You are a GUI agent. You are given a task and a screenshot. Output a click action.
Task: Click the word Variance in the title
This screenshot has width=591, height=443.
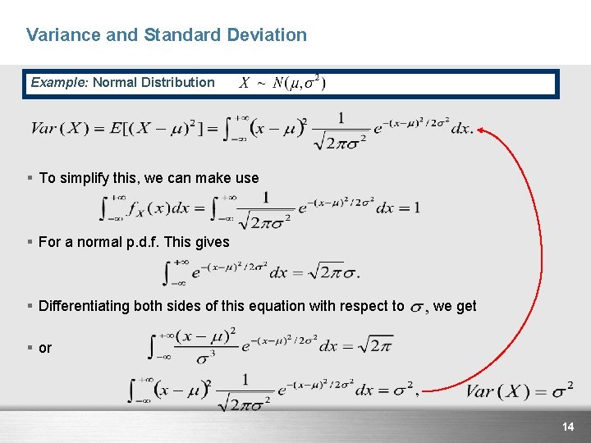[x=57, y=35]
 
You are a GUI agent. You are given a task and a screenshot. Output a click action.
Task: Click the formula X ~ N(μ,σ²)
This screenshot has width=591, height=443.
[x=282, y=83]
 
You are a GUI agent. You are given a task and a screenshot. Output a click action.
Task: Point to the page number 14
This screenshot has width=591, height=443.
[x=567, y=427]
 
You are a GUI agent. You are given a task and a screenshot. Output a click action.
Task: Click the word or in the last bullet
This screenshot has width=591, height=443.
[x=45, y=348]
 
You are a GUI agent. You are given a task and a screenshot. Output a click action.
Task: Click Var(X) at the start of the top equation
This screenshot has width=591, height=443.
[x=59, y=129]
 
